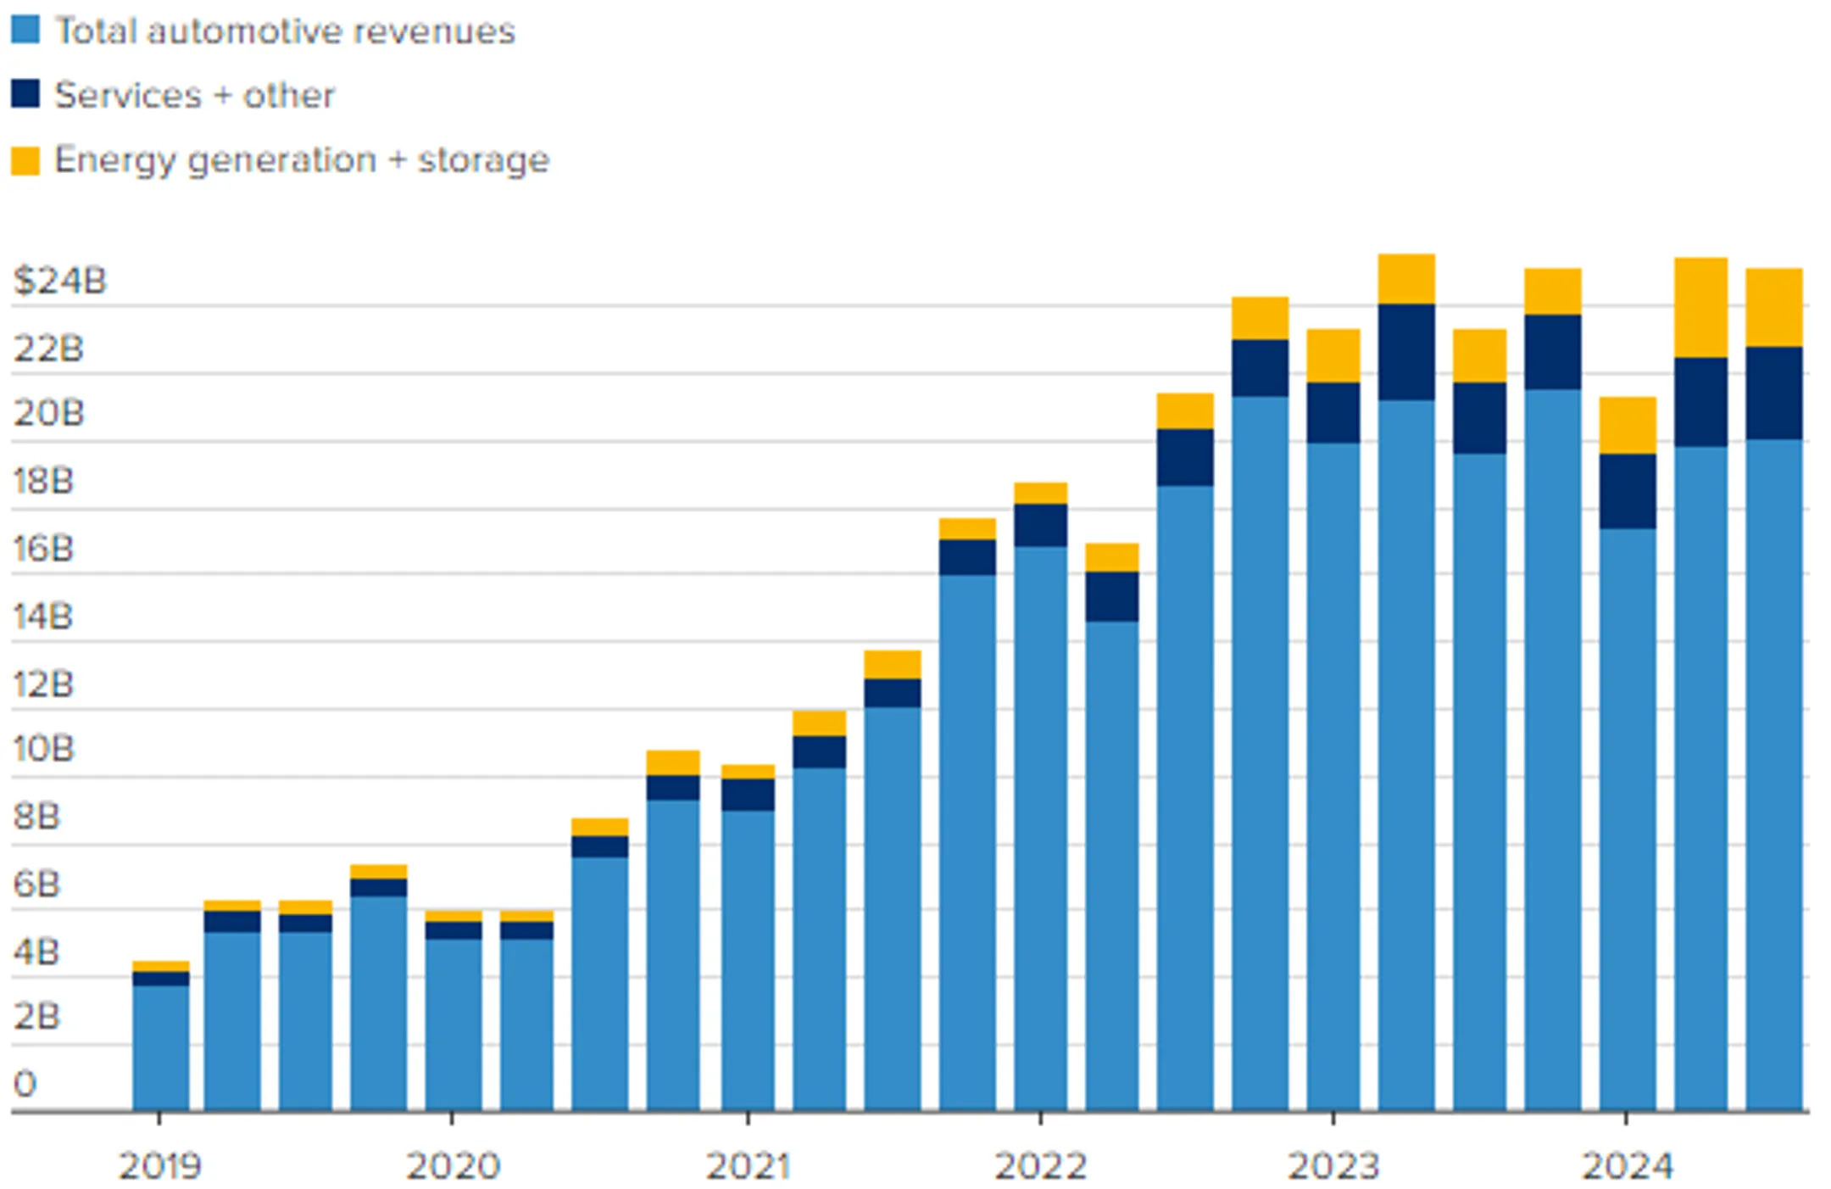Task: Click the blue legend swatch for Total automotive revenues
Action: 25,30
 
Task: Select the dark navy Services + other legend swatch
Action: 25,93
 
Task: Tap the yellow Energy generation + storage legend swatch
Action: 25,160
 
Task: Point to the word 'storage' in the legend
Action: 483,161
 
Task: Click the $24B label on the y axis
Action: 59,280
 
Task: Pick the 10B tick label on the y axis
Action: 43,749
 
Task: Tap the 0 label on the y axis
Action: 25,1084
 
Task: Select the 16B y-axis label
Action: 43,549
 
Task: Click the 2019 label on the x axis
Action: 159,1166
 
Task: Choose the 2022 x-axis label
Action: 1040,1166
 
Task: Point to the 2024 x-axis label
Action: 1627,1166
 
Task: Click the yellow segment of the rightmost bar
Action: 1773,307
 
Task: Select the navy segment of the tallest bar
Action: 1406,352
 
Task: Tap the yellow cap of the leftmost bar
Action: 161,966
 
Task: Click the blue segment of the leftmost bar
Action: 161,1047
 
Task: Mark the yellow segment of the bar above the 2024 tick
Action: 1628,425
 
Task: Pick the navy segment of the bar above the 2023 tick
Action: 1333,412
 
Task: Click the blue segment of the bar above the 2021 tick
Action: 748,960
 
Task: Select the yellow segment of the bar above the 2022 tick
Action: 1040,493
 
